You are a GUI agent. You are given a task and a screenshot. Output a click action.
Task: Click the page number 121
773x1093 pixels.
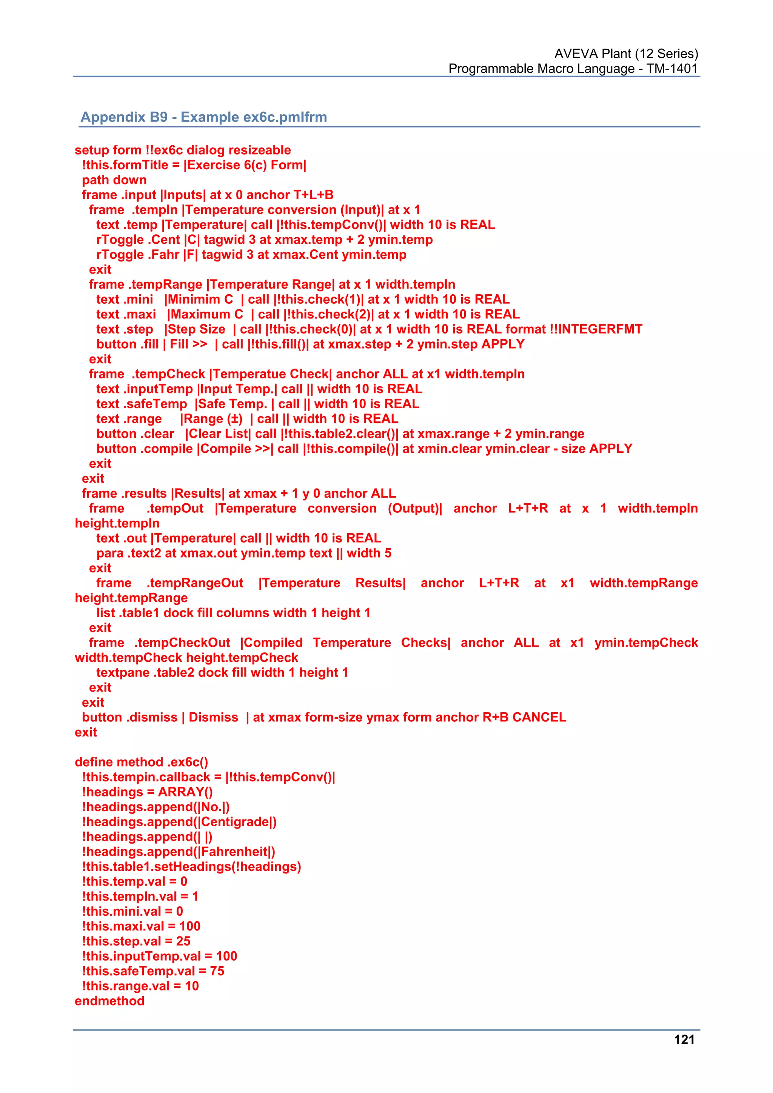684,1040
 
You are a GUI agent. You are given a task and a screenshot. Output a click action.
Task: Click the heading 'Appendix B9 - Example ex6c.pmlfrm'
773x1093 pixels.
204,117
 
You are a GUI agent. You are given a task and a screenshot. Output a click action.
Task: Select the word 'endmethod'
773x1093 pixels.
109,1001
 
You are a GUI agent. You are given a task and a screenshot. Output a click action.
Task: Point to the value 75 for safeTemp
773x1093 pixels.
217,971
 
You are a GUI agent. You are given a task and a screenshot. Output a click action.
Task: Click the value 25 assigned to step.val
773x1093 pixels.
183,941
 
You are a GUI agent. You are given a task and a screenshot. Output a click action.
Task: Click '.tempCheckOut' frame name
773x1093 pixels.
182,643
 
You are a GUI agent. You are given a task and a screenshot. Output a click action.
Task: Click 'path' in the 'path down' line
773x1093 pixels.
95,180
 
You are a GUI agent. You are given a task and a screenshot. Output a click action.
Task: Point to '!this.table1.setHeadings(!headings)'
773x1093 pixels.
191,866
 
